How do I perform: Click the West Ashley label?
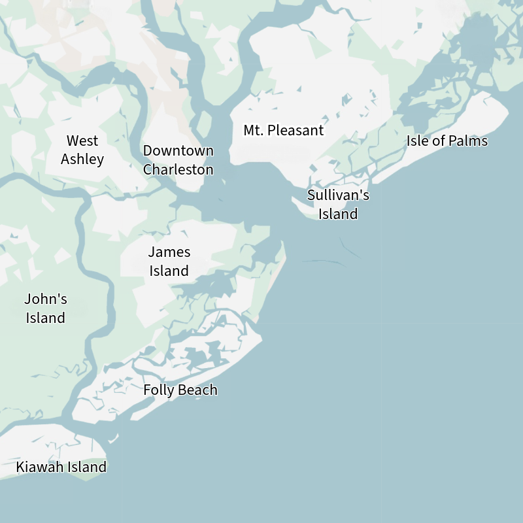coord(82,150)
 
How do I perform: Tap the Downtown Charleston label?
coord(178,160)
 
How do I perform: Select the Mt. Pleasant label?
coord(283,130)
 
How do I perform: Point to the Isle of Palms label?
coord(447,141)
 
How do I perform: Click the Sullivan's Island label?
coord(338,205)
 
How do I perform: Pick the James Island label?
coord(169,261)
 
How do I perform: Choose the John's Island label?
coord(46,309)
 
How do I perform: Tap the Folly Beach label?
coord(180,390)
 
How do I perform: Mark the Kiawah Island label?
coord(61,467)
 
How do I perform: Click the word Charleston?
coord(178,169)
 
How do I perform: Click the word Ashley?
coord(82,159)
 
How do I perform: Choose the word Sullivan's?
coord(338,195)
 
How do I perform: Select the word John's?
coord(46,299)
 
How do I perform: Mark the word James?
coord(169,252)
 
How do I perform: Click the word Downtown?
coord(178,150)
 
